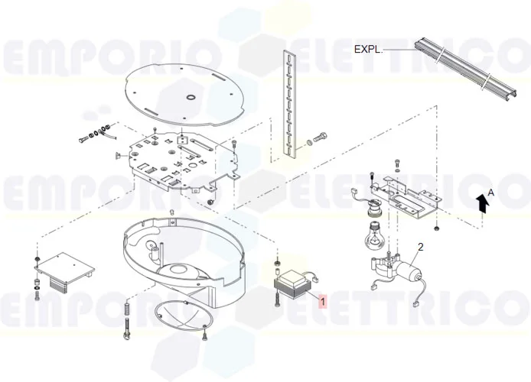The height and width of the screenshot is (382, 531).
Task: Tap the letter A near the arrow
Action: pyautogui.click(x=491, y=194)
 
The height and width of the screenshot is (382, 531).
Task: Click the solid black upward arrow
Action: pyautogui.click(x=481, y=202)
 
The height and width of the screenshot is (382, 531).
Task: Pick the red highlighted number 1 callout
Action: pyautogui.click(x=324, y=301)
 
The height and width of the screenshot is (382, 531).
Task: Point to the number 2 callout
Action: pyautogui.click(x=420, y=247)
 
